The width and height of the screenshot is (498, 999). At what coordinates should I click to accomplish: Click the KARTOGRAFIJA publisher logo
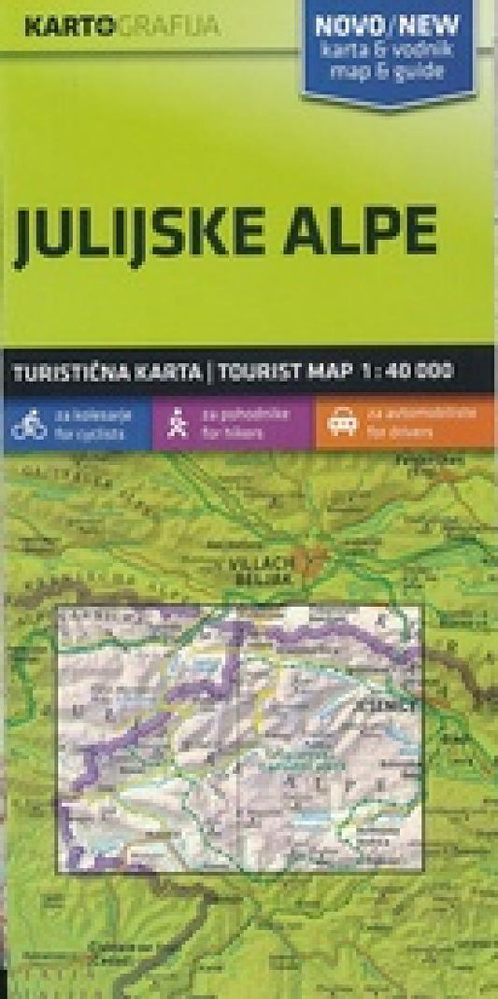(x=121, y=25)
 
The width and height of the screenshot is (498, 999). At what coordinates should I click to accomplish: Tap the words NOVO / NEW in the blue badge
(x=391, y=26)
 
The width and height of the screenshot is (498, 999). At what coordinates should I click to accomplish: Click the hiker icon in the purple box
(x=175, y=426)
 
